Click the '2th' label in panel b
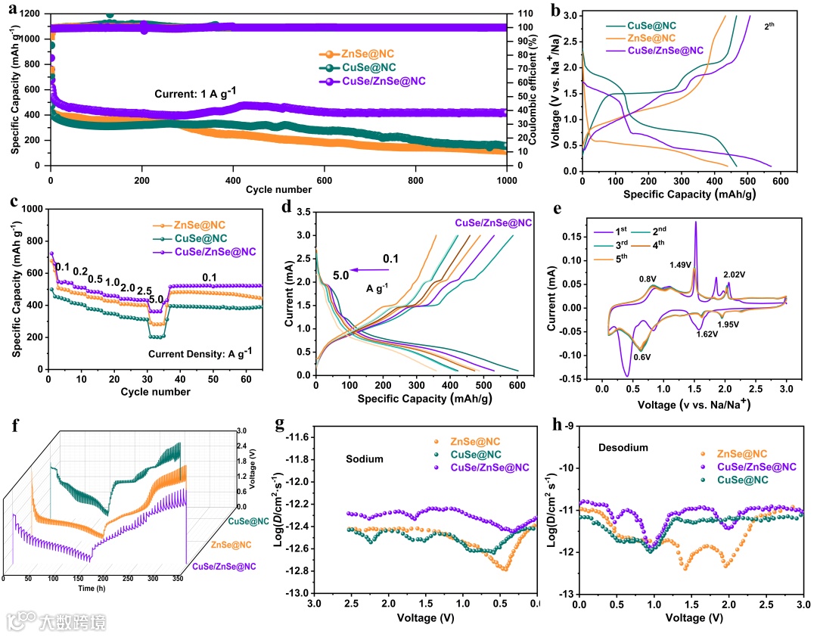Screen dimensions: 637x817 [x=769, y=26]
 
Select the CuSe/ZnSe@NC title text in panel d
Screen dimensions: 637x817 [x=493, y=222]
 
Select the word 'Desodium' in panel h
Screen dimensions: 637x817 [x=628, y=447]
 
